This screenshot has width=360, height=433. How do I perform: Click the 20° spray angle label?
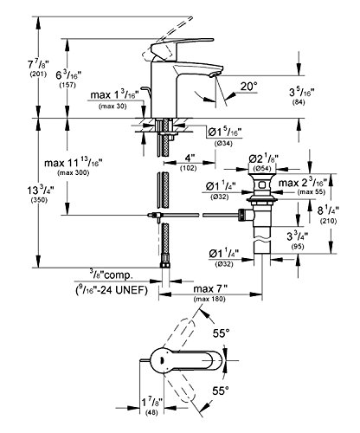[248, 87]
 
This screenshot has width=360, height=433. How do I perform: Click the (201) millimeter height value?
[38, 74]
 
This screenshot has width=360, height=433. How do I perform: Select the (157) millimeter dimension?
[67, 86]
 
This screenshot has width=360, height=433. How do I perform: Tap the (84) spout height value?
[299, 102]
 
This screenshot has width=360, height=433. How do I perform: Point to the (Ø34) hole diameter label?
[224, 144]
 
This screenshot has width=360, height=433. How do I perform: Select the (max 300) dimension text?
[74, 173]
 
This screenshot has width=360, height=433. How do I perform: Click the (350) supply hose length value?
[39, 200]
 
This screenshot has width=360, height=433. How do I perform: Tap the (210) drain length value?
[329, 222]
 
